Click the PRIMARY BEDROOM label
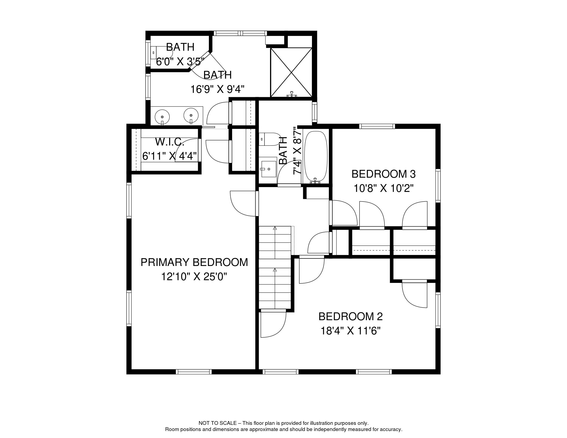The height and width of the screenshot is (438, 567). pyautogui.click(x=194, y=262)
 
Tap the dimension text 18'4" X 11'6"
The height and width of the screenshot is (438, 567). pyautogui.click(x=351, y=331)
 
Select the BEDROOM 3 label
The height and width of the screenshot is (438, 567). pyautogui.click(x=383, y=174)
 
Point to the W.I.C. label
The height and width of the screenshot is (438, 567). pyautogui.click(x=170, y=142)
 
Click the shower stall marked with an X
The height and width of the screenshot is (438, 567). pyautogui.click(x=291, y=72)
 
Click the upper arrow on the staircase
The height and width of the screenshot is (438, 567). pyautogui.click(x=275, y=229)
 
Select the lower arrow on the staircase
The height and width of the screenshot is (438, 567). pyautogui.click(x=275, y=270)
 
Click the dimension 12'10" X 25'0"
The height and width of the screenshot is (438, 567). pyautogui.click(x=194, y=276)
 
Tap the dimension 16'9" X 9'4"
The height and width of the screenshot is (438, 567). pyautogui.click(x=217, y=89)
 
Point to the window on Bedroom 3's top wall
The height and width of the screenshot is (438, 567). pyautogui.click(x=377, y=126)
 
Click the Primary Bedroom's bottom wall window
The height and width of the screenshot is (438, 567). pyautogui.click(x=194, y=372)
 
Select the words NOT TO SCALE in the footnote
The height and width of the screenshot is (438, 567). pyautogui.click(x=217, y=423)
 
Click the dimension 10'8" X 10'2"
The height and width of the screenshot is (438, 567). pyautogui.click(x=383, y=188)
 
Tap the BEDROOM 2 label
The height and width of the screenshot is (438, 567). pyautogui.click(x=351, y=316)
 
